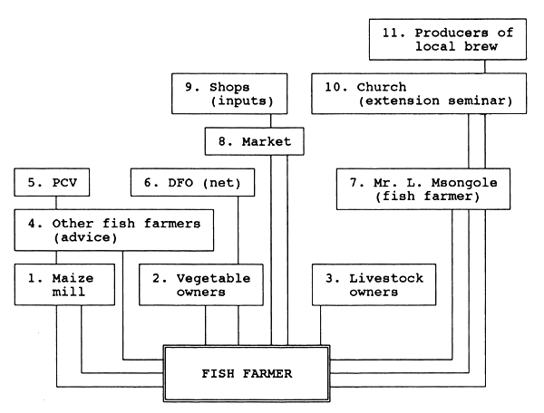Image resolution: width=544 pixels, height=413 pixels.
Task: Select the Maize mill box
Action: (66, 285)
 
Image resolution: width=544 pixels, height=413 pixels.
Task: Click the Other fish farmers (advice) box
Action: (113, 230)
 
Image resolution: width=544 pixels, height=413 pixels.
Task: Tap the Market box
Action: (253, 142)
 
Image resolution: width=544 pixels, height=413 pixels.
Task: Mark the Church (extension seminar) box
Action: (419, 94)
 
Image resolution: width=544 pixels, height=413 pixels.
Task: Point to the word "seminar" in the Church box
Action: (487, 101)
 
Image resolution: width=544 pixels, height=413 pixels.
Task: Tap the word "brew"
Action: (464, 47)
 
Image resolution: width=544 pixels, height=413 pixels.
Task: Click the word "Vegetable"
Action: (209, 278)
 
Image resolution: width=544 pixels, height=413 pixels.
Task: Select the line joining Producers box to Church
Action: (485, 67)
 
